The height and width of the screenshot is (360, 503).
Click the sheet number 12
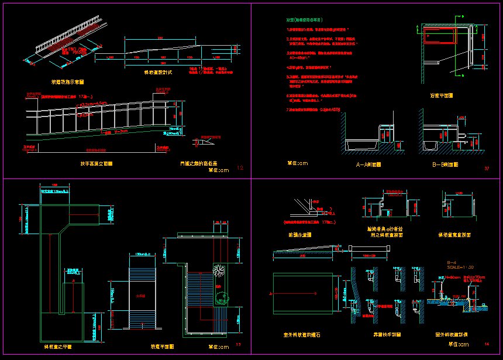(x=240, y=168)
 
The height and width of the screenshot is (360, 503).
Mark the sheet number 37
(x=487, y=169)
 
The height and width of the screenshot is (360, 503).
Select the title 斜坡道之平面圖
(x=63, y=347)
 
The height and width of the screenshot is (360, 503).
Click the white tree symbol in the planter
(x=220, y=271)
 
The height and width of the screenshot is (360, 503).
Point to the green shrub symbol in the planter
(x=222, y=297)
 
